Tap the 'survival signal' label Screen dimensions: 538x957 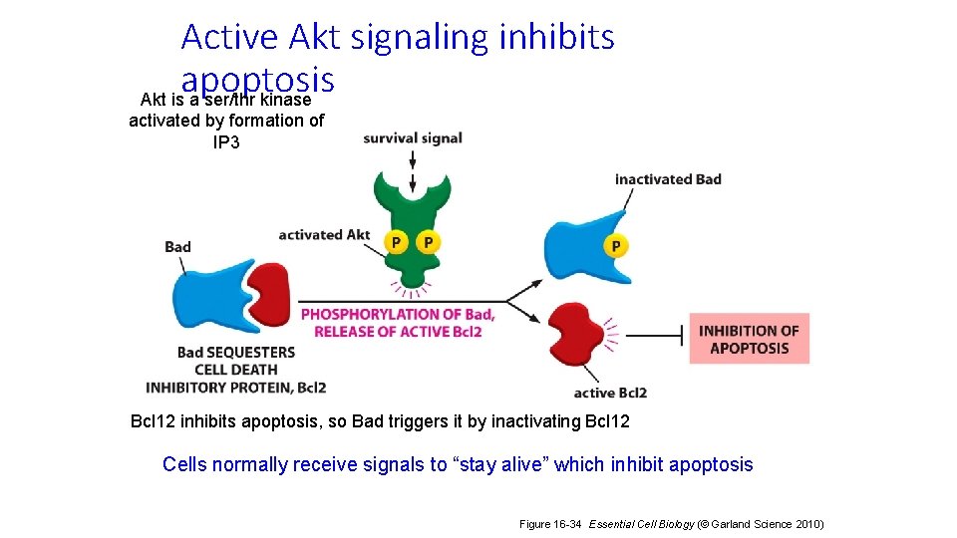point(413,137)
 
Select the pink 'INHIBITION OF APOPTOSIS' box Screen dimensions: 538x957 point(749,339)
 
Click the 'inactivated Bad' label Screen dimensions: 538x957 point(668,179)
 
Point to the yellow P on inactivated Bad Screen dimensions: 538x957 point(616,245)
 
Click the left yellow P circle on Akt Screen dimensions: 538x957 point(397,242)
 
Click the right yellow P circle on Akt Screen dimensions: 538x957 point(428,242)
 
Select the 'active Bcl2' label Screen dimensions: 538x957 point(610,393)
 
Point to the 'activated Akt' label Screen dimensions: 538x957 point(324,235)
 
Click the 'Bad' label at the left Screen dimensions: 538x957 point(177,247)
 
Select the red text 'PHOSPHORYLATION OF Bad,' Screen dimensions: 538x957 point(397,314)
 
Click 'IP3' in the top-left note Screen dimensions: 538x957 point(226,141)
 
